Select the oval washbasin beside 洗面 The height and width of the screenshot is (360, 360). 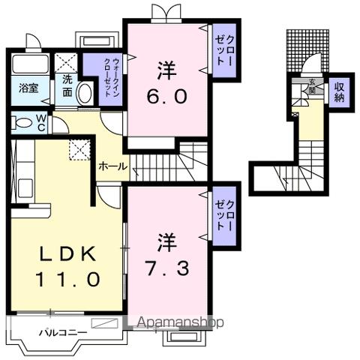85,94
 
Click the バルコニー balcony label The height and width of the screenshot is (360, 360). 63,331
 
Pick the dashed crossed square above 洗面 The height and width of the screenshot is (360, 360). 67,63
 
